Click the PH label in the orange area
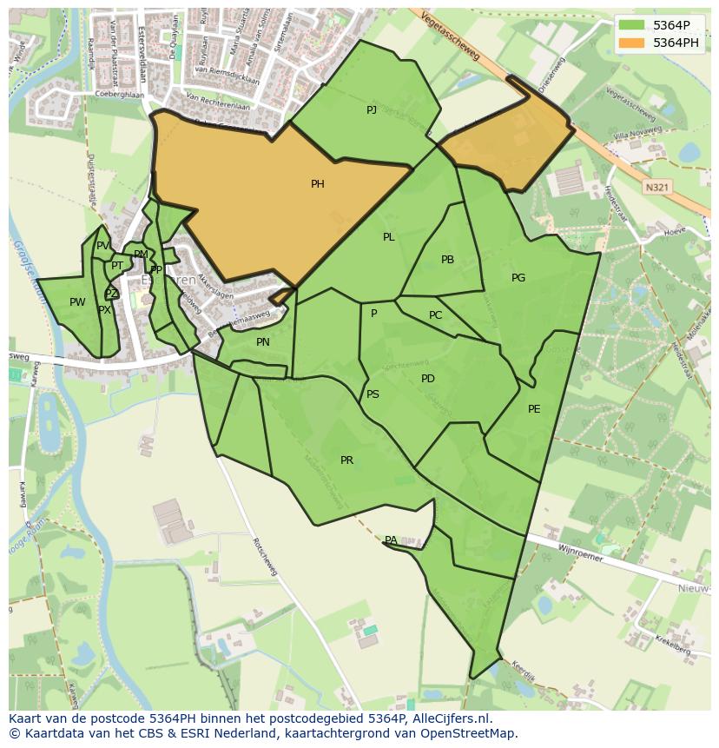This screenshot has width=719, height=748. [318, 184]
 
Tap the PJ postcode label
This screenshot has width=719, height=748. [372, 109]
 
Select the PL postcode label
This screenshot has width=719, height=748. [389, 237]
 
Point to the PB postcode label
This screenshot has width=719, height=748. [447, 260]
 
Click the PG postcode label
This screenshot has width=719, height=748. [518, 278]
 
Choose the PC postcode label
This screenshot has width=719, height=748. [436, 315]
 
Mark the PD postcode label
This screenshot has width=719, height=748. [428, 379]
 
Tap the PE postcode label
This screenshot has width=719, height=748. [534, 409]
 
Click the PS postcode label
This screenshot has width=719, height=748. [373, 394]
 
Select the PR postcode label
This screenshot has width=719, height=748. [346, 460]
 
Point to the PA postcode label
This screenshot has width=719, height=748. [391, 540]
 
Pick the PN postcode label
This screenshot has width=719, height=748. [263, 342]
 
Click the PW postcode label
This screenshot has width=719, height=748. [77, 302]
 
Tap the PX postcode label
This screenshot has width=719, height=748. [104, 310]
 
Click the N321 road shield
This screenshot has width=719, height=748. [656, 187]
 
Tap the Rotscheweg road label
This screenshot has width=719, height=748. [264, 556]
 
